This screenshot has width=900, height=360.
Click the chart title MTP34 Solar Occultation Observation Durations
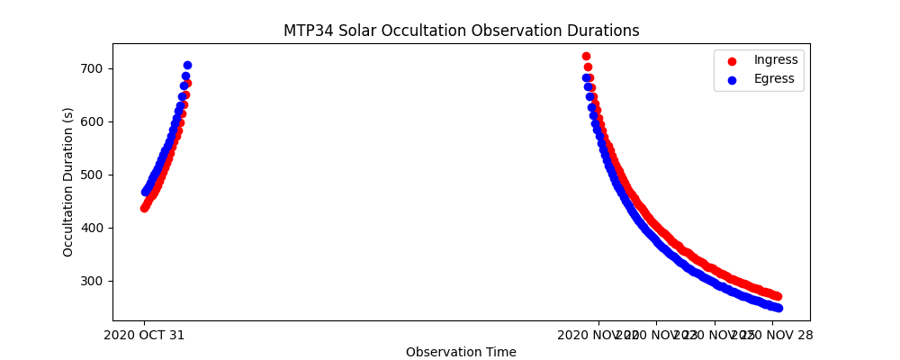pos(461,31)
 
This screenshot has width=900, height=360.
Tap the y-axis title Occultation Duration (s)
pos(68,182)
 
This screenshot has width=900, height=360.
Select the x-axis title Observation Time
pos(461,352)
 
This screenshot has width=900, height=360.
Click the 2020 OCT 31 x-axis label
pos(144,335)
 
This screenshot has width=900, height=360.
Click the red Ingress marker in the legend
pos(732,61)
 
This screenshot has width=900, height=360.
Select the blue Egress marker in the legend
pos(732,79)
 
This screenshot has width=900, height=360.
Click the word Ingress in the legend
pos(776,59)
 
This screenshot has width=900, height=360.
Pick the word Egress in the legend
pos(774,78)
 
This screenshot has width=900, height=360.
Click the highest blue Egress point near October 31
pos(187,65)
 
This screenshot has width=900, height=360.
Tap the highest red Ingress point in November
pos(586,56)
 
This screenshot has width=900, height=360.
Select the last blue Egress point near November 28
pos(778,308)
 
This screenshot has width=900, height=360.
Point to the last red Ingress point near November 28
pos(777,296)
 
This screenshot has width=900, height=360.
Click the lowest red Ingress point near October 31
pos(144,208)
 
